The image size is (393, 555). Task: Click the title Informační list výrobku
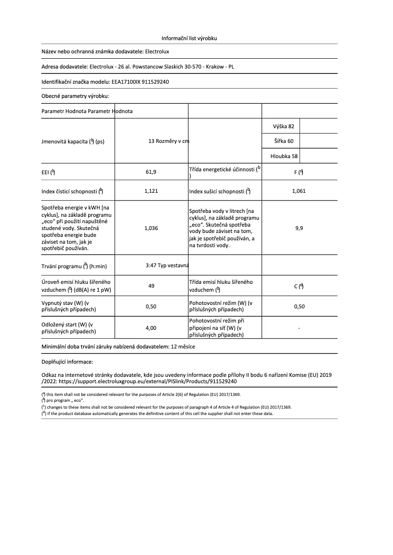189,38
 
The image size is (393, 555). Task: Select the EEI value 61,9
151,172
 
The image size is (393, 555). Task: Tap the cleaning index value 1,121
151,191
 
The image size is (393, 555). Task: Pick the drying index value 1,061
298,191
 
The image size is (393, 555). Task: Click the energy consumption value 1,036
151,228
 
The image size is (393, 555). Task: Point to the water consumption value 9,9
298,228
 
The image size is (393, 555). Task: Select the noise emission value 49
151,286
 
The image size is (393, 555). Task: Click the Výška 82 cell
284,126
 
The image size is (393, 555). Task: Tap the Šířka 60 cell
284,141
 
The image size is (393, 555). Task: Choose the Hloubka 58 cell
284,157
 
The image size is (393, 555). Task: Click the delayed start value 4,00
151,328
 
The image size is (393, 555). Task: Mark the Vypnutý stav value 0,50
151,307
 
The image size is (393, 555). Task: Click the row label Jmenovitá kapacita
73,142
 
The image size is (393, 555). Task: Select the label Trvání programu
74,266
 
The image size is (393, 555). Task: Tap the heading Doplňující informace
67,363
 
